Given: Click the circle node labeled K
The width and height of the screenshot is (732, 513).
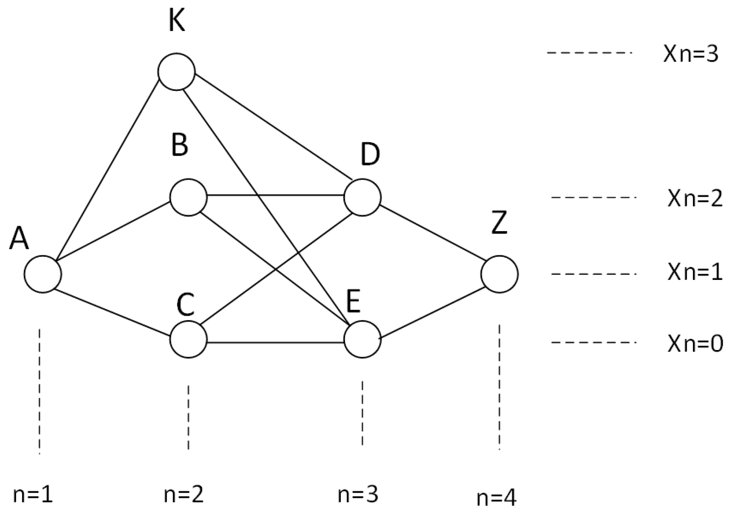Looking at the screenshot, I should [177, 72].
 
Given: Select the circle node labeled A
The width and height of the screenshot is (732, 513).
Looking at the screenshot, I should [43, 274].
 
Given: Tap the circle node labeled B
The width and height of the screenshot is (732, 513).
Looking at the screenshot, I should [188, 197].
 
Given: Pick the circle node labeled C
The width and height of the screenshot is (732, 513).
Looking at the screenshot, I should [188, 339].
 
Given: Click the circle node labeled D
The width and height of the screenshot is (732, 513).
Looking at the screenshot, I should [362, 197].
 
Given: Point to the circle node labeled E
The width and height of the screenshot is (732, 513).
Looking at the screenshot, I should [362, 339].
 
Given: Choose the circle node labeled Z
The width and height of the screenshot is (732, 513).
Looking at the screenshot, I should [499, 274].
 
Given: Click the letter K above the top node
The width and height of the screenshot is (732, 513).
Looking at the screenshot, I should [177, 21].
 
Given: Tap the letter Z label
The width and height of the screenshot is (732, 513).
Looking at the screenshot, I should [499, 222].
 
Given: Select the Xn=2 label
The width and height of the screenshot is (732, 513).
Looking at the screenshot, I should [695, 199].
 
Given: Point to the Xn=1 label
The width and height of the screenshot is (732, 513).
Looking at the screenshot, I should [695, 272].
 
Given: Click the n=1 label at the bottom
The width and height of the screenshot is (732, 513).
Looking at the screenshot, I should [33, 495].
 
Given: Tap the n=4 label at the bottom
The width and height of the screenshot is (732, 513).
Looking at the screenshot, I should [496, 498].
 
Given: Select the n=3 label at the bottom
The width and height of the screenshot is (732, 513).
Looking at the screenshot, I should [358, 495].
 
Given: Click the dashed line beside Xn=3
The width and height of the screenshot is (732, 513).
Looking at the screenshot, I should [589, 53].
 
